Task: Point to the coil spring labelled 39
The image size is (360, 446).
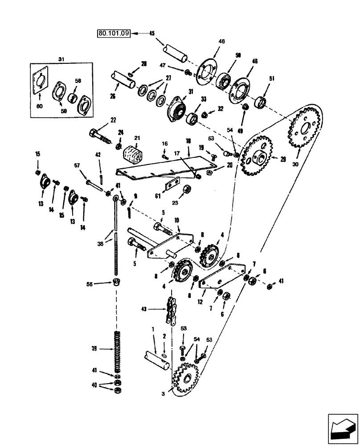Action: pyautogui.click(x=117, y=351)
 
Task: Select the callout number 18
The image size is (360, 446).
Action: pyautogui.click(x=188, y=140)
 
